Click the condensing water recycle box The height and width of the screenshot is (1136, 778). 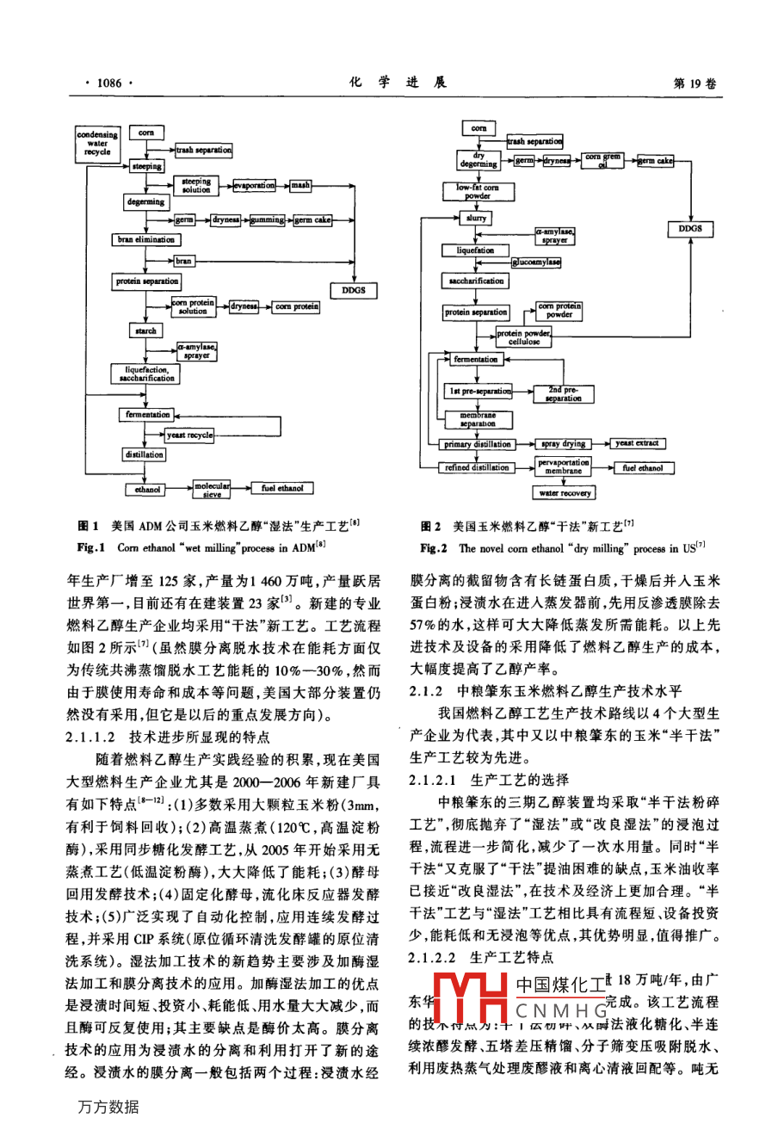coord(97,143)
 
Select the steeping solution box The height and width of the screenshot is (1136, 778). coord(195,186)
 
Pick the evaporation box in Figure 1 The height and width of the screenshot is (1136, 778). coord(255,186)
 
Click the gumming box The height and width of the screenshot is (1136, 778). coord(267,220)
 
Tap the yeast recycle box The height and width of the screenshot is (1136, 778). coord(188,435)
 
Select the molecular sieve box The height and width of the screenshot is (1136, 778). coord(212,489)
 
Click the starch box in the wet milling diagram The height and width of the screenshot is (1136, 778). coord(145,330)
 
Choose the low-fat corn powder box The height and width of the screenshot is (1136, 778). coord(477,191)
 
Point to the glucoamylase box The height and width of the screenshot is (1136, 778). coord(535,262)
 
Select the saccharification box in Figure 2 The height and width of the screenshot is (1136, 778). coord(476,281)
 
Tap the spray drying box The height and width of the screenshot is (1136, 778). coord(564,444)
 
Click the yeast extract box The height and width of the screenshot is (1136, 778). coord(637,444)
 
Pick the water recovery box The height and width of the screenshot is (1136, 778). coord(565,493)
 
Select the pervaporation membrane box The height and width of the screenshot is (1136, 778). coord(564,466)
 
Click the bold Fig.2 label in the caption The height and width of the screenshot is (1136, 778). coord(433,548)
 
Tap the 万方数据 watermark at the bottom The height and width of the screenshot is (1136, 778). coord(107,1107)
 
